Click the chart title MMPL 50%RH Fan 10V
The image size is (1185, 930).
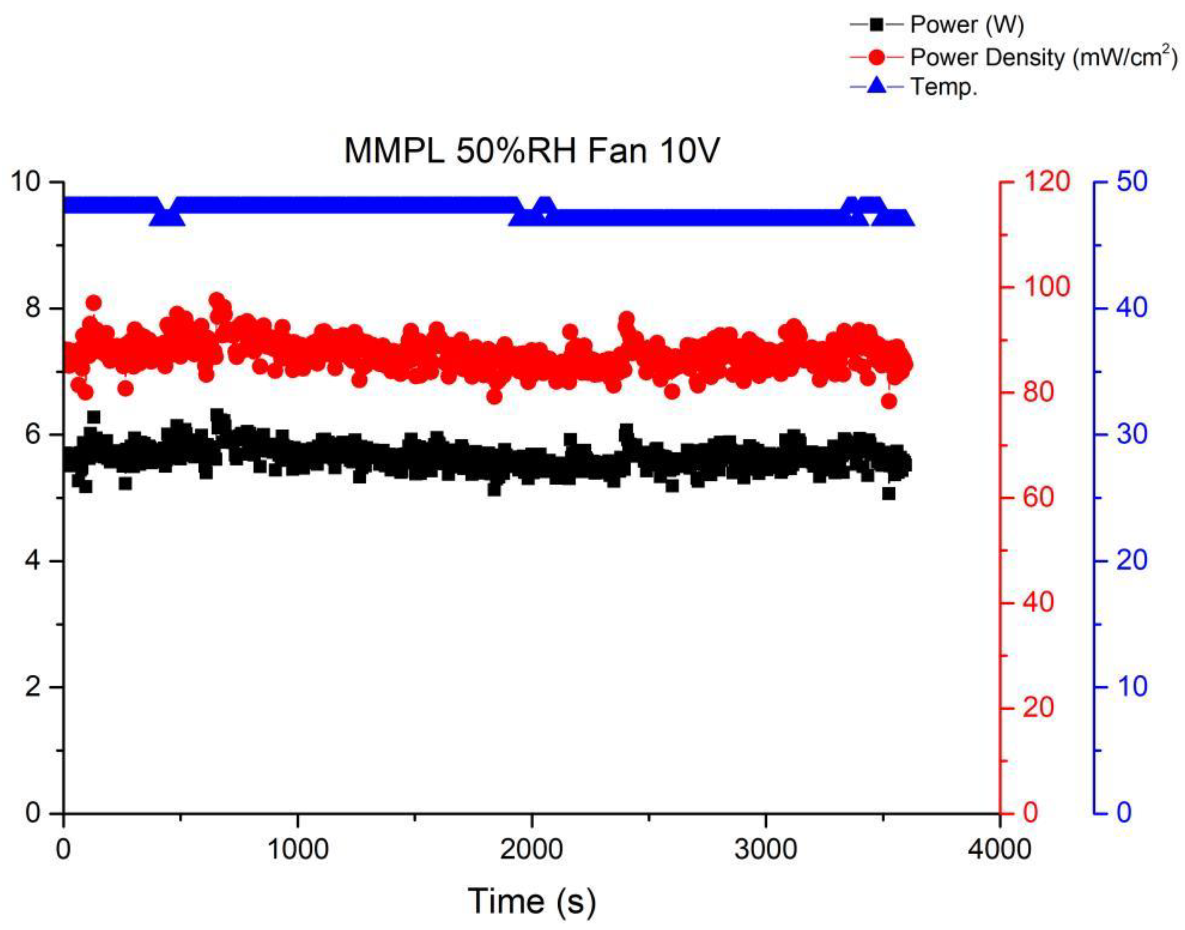532,151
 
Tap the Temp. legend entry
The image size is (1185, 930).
944,86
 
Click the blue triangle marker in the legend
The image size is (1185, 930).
876,86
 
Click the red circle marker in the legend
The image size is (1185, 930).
876,57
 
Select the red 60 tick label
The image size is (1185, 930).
1038,498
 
